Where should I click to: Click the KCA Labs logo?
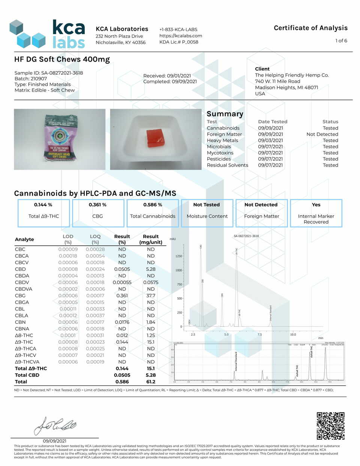click(47, 34)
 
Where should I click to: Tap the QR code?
click(330, 426)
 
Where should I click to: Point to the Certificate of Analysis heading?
click(310, 28)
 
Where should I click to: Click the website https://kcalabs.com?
click(181, 36)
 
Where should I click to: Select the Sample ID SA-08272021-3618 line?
click(49, 73)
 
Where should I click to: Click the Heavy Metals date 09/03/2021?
click(270, 140)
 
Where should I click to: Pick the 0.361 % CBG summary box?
click(98, 213)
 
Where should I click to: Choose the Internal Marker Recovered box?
click(316, 213)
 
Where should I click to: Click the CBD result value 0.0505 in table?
click(122, 269)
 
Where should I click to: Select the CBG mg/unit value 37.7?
click(151, 296)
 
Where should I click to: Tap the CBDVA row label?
click(24, 289)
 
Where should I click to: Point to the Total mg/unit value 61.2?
click(151, 382)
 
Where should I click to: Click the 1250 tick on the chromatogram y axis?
click(178, 256)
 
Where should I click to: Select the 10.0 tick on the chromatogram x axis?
click(293, 334)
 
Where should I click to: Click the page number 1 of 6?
click(341, 41)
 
